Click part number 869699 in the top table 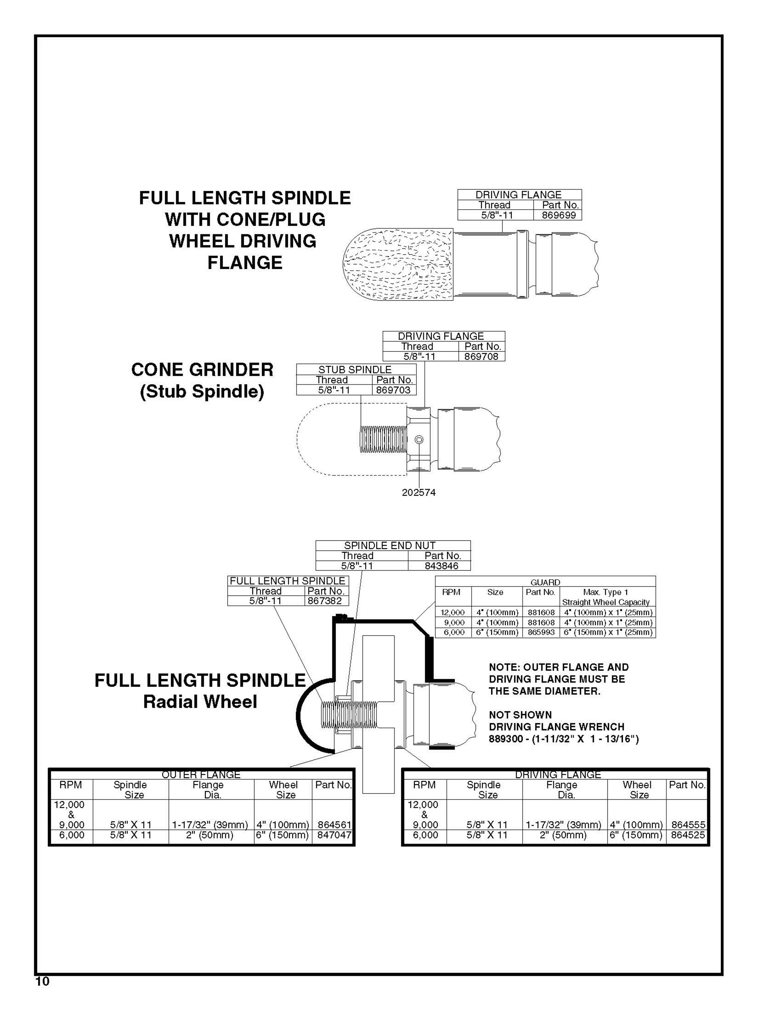[558, 215]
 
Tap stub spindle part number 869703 [393, 390]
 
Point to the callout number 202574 [419, 492]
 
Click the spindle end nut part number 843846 [441, 566]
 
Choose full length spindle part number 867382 [325, 601]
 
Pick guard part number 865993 [541, 632]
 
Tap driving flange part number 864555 [688, 825]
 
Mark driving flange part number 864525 [688, 835]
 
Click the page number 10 [42, 982]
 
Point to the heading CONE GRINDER [202, 370]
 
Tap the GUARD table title [545, 582]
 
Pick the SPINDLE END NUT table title [390, 546]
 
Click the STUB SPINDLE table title [355, 370]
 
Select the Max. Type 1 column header [602, 592]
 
